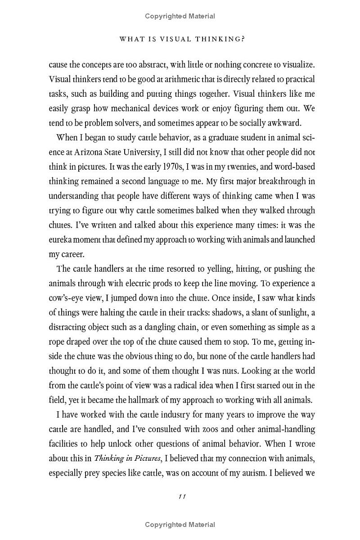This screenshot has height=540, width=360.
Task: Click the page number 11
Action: [x=182, y=497]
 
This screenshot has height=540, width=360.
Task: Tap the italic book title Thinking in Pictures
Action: [x=127, y=459]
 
